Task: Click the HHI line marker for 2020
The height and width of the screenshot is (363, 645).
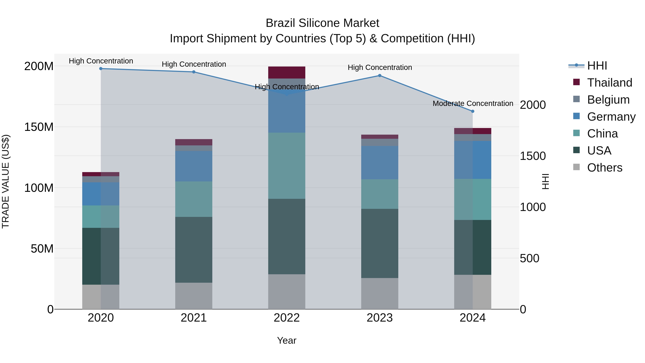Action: (x=101, y=69)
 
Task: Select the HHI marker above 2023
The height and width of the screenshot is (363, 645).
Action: (x=380, y=76)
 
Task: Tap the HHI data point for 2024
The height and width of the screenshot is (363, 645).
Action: (x=472, y=111)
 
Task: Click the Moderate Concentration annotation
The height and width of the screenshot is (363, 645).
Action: (x=473, y=103)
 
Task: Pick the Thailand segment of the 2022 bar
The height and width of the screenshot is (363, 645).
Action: (x=286, y=73)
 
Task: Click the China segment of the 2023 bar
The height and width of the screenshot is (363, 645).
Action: (x=380, y=194)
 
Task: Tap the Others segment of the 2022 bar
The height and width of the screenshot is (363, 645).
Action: (x=286, y=292)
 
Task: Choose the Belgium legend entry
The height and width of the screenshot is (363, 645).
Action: (x=608, y=100)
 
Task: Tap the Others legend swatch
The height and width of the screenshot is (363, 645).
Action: (x=576, y=167)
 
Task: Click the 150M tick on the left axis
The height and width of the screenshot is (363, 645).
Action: (x=39, y=127)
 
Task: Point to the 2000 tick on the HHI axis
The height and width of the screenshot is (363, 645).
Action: (x=533, y=105)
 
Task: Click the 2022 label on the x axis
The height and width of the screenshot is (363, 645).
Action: (x=286, y=318)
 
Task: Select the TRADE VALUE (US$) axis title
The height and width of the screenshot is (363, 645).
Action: (x=6, y=181)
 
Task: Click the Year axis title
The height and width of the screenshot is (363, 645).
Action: (x=286, y=340)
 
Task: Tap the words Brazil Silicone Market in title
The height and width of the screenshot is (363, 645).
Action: (x=322, y=23)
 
